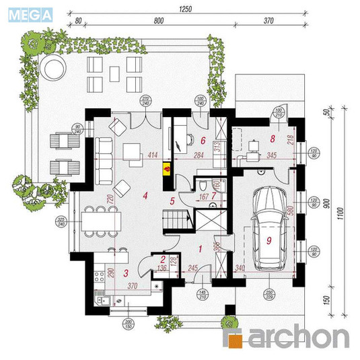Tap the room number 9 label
pos(268,239)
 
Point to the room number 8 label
pos(272,139)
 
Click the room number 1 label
pos(200,248)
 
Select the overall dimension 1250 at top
pos(186,9)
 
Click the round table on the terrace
pos(52,66)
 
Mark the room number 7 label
pos(214,196)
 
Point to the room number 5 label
pos(172,200)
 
